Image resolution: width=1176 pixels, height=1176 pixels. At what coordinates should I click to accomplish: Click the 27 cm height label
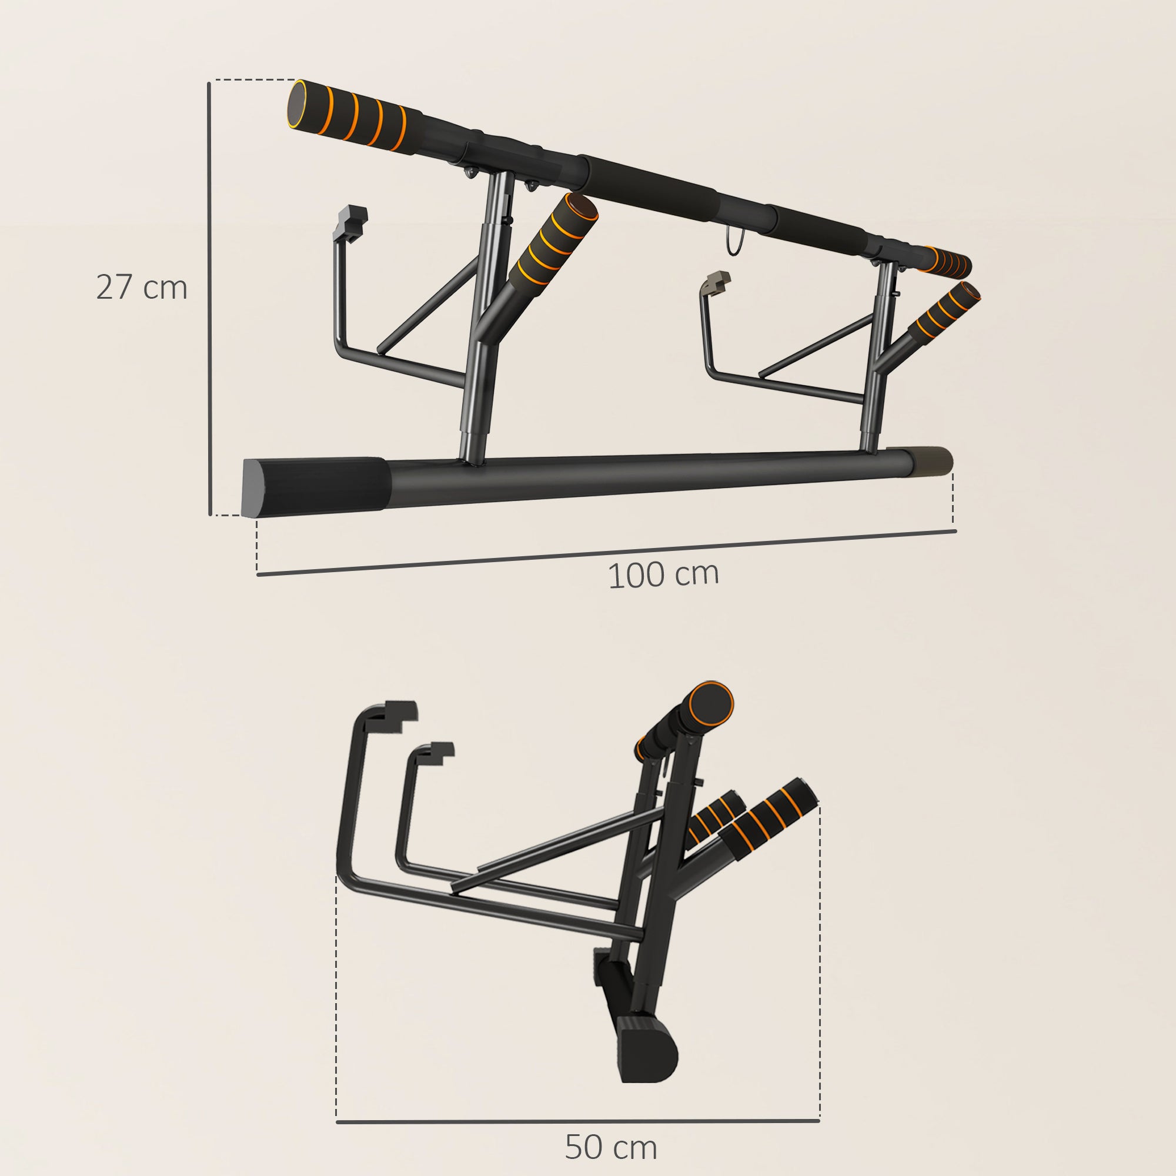tap(141, 288)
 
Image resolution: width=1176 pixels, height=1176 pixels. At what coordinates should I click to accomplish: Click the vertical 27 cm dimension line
tap(209, 298)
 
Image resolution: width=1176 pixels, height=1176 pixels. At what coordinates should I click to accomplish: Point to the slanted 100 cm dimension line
tap(606, 552)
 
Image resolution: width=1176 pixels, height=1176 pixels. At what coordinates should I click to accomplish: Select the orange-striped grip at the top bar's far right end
tap(947, 262)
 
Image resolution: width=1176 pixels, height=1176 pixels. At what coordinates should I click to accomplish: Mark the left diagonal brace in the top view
tap(429, 305)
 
